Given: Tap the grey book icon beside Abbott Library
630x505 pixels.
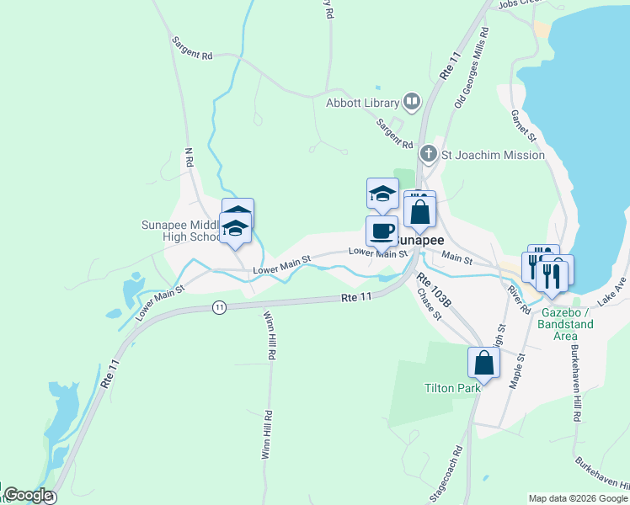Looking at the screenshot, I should coord(412,103).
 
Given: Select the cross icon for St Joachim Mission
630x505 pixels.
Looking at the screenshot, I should coord(429,154).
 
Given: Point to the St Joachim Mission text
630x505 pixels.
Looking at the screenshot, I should coord(494,155).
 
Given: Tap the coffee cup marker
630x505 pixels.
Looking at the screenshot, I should coord(381,231).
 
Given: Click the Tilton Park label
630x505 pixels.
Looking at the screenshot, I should coord(451,388).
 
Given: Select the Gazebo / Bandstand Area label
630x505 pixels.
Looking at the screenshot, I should coord(564,319).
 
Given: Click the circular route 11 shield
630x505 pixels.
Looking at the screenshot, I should coord(219,307).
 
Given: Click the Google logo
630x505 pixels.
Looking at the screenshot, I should coord(28,496).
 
